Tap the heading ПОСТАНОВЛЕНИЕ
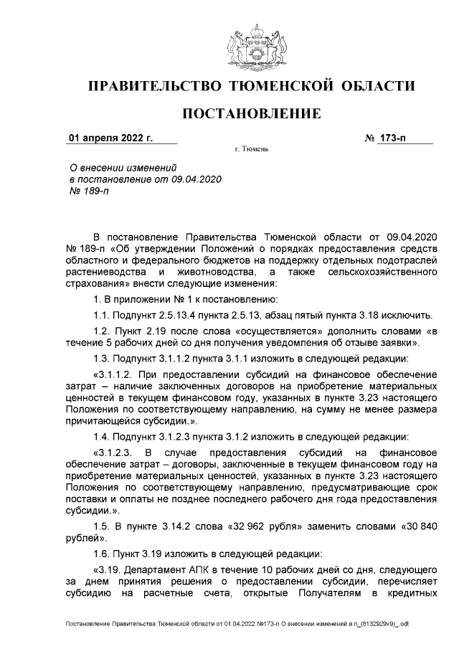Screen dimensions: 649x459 (x=250, y=114)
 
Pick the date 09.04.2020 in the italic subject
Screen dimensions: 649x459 (x=197, y=179)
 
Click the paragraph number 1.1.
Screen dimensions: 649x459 (x=103, y=315)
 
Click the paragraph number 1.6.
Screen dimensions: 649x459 (x=103, y=554)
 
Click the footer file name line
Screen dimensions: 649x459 (x=237, y=625)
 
